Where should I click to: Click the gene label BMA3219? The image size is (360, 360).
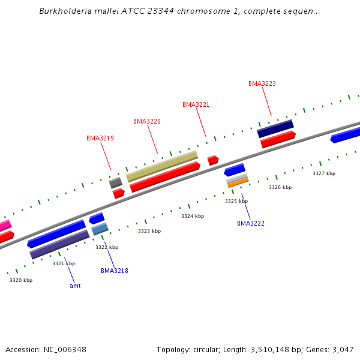[100, 138]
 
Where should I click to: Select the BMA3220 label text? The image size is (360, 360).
[147, 121]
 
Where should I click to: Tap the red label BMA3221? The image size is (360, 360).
[196, 104]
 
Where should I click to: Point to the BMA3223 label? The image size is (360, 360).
[262, 83]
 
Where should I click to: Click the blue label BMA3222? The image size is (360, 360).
[251, 223]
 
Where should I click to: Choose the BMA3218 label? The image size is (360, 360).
[115, 271]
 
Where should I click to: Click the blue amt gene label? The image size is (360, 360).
[75, 286]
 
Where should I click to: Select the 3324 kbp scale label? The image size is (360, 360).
[193, 216]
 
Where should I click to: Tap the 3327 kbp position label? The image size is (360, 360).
[324, 173]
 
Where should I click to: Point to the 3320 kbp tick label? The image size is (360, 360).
[21, 280]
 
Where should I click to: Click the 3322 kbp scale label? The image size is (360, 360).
[107, 247]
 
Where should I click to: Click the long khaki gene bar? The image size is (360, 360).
[162, 166]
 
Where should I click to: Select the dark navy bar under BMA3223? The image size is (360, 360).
[275, 128]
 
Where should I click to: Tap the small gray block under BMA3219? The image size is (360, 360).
[116, 182]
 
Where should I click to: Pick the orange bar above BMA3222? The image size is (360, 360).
[238, 182]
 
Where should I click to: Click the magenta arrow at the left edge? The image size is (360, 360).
[5, 226]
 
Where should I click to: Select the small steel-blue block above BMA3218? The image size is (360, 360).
[100, 229]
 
